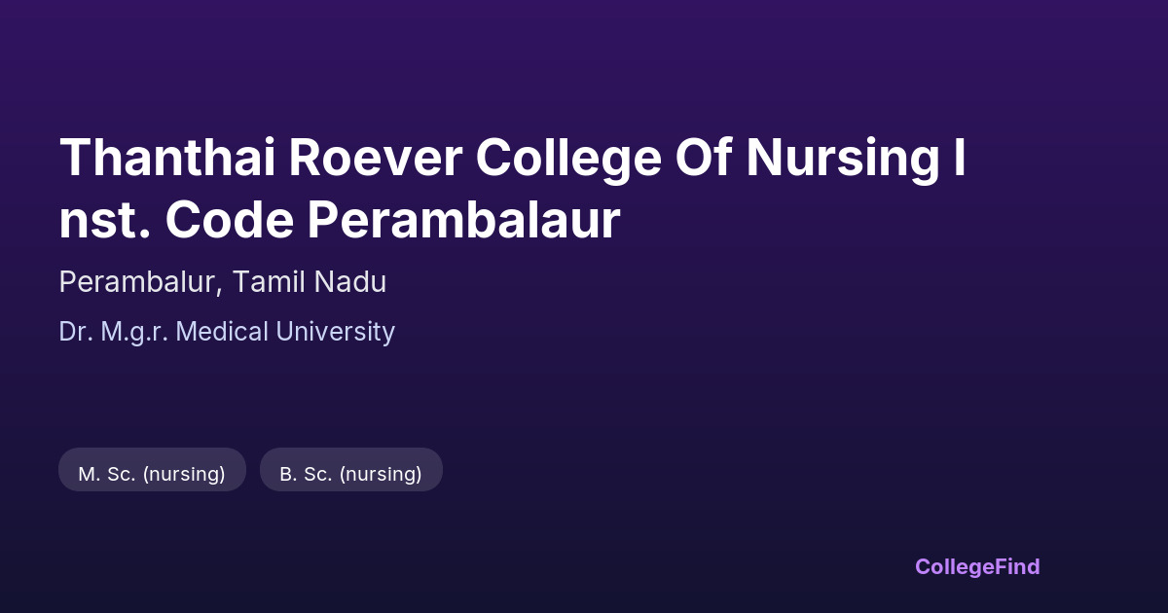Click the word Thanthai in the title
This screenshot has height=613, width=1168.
[167, 157]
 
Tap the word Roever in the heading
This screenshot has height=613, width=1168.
[376, 157]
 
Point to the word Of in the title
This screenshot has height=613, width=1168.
[704, 157]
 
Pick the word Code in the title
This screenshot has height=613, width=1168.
[230, 219]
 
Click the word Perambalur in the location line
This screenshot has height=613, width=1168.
[136, 282]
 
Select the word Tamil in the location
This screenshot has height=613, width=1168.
[268, 281]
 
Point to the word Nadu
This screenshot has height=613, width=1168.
[349, 281]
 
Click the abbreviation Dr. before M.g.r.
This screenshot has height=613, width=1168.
[76, 332]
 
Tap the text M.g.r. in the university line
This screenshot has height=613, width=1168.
[134, 333]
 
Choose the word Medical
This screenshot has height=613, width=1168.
[222, 332]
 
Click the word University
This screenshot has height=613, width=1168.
[335, 333]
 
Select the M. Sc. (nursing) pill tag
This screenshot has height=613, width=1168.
[152, 470]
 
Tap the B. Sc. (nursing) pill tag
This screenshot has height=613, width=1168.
[351, 470]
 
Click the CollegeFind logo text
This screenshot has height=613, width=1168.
[977, 567]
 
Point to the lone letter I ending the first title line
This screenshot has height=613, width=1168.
[960, 157]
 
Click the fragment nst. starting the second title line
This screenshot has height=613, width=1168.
[105, 221]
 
